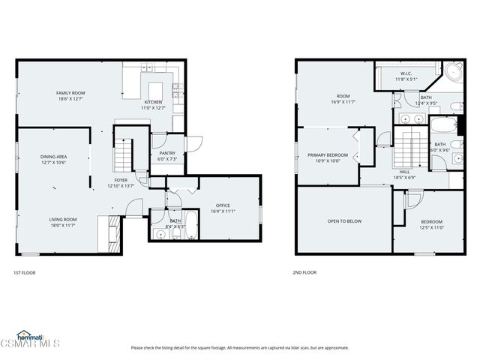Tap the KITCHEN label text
[154, 102]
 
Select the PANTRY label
[167, 153]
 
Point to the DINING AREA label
[53, 156]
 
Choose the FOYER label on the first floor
[121, 180]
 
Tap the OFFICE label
[223, 205]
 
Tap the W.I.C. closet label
[406, 73]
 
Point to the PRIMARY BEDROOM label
[328, 154]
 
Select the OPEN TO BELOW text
[344, 221]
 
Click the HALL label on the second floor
[404, 172]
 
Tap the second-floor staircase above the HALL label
[409, 146]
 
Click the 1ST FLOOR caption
[25, 272]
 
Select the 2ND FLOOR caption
[304, 272]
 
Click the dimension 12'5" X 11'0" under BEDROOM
[430, 227]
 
